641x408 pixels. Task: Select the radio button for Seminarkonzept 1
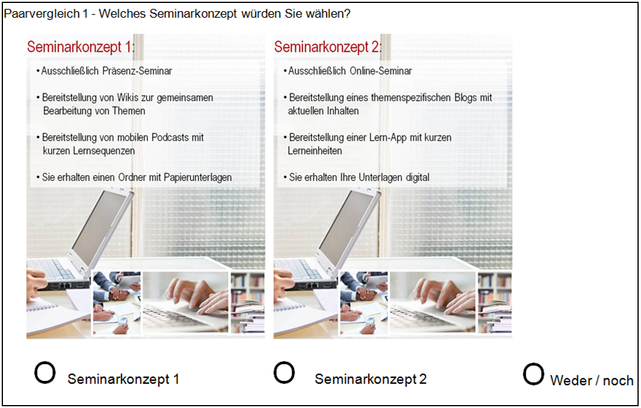point(45,372)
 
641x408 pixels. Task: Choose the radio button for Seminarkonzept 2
point(284,372)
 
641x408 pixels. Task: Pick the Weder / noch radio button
point(534,373)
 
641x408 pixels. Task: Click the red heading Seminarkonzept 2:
point(328,47)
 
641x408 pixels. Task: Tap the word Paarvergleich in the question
point(36,13)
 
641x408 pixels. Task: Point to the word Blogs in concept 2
point(466,97)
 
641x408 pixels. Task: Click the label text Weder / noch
point(592,381)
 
